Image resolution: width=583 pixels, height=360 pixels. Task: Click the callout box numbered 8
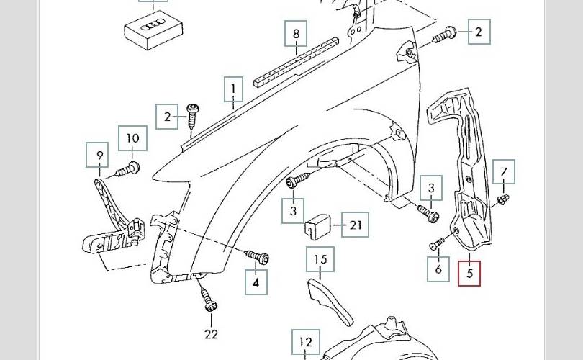pos(296,34)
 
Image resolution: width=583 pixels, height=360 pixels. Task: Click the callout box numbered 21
pos(355,225)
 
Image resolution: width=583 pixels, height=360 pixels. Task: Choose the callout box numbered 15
pos(320,259)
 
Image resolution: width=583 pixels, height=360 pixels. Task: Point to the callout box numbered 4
pos(256,282)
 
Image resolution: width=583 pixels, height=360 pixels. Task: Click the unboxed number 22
pos(210,334)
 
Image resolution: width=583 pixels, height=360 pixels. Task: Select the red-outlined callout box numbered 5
pos(469,273)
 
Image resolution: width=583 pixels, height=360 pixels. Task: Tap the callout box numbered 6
pos(438,270)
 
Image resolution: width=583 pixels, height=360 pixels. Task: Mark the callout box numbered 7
pos(504,172)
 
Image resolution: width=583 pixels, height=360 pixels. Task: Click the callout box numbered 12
pos(306,343)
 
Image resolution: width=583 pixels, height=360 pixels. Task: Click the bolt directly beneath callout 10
pos(129,170)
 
